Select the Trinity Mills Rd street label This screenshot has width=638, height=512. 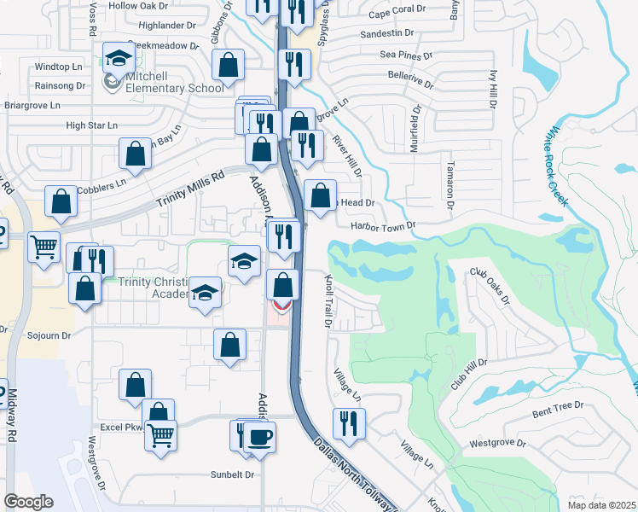190,189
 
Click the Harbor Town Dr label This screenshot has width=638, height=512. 382,225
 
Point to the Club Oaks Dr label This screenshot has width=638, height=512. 490,288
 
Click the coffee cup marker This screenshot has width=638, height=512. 259,436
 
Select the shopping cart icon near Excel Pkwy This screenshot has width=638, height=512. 160,436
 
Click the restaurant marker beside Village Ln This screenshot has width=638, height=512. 349,422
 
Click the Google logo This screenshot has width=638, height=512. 28,502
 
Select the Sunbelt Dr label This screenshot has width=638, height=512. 233,474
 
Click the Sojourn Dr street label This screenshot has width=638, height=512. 48,336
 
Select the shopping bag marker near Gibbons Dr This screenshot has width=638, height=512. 229,64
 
